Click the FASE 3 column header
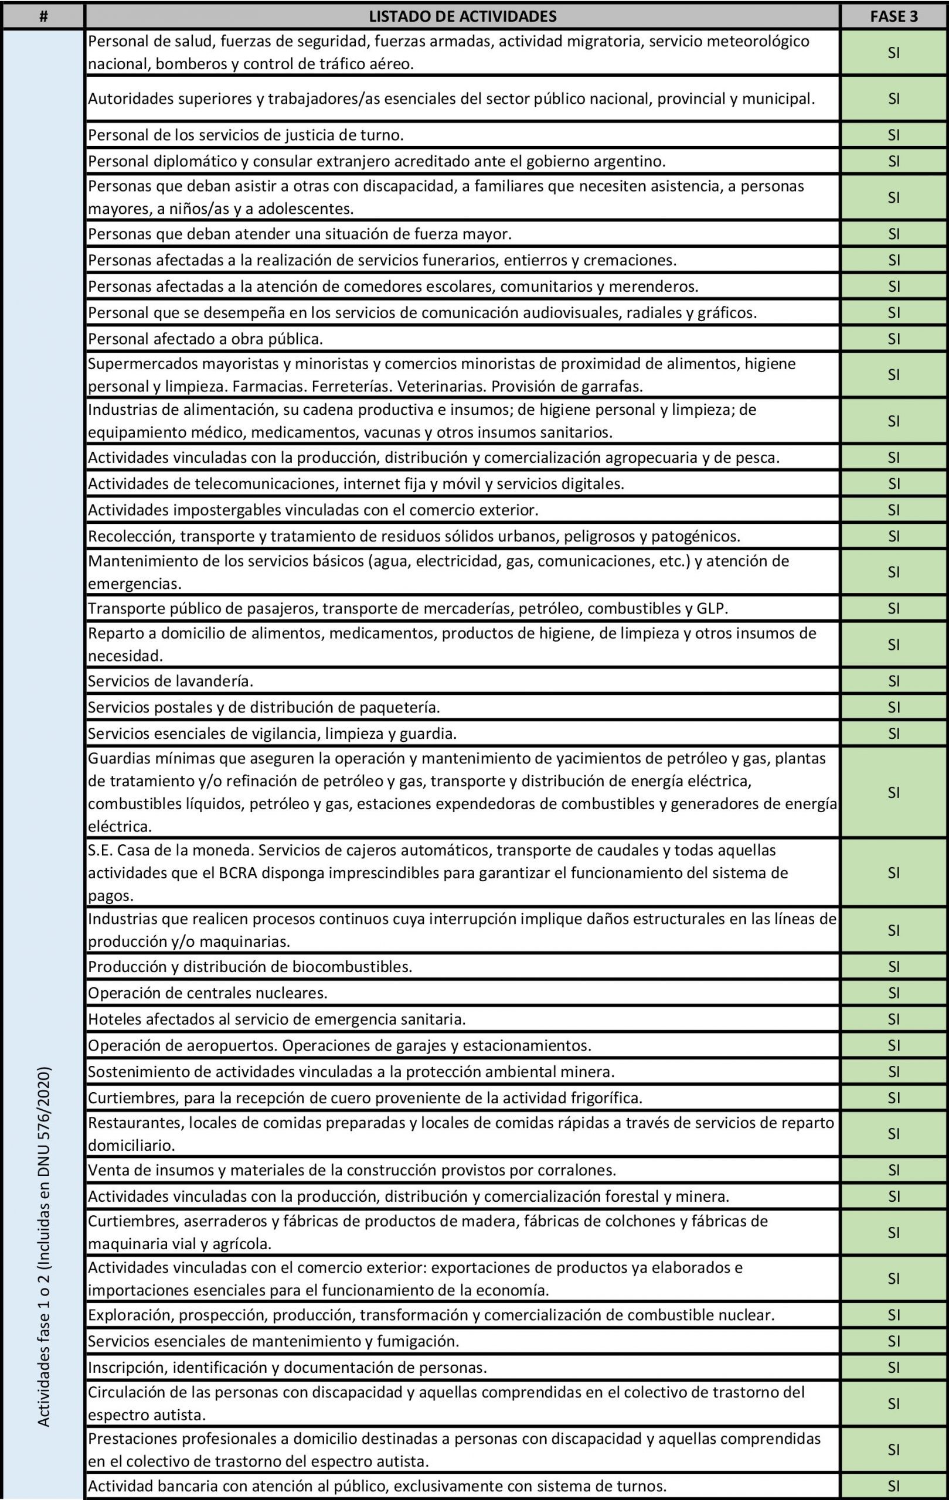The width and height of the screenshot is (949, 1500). click(x=893, y=16)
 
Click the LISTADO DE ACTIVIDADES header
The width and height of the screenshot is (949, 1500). click(x=462, y=16)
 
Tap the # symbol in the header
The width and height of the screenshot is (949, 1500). click(x=43, y=16)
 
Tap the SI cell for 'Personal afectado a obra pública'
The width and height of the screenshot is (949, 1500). click(x=893, y=339)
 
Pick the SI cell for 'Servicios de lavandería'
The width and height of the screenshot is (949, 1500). click(x=893, y=681)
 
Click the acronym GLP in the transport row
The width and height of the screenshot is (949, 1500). click(x=712, y=608)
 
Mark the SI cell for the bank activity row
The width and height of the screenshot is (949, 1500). click(x=893, y=1486)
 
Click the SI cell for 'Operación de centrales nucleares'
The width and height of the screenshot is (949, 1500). click(x=893, y=993)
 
